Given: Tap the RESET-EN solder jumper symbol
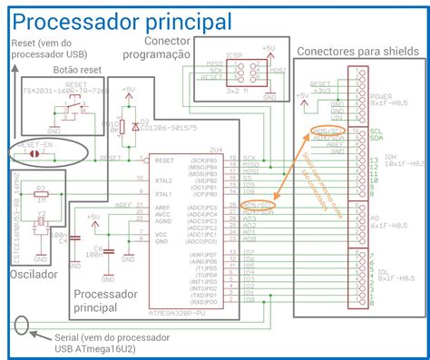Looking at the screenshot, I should click(x=35, y=154).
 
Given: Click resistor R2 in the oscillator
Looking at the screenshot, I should click(x=41, y=195).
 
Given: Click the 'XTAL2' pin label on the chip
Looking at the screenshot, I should click(x=165, y=180).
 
